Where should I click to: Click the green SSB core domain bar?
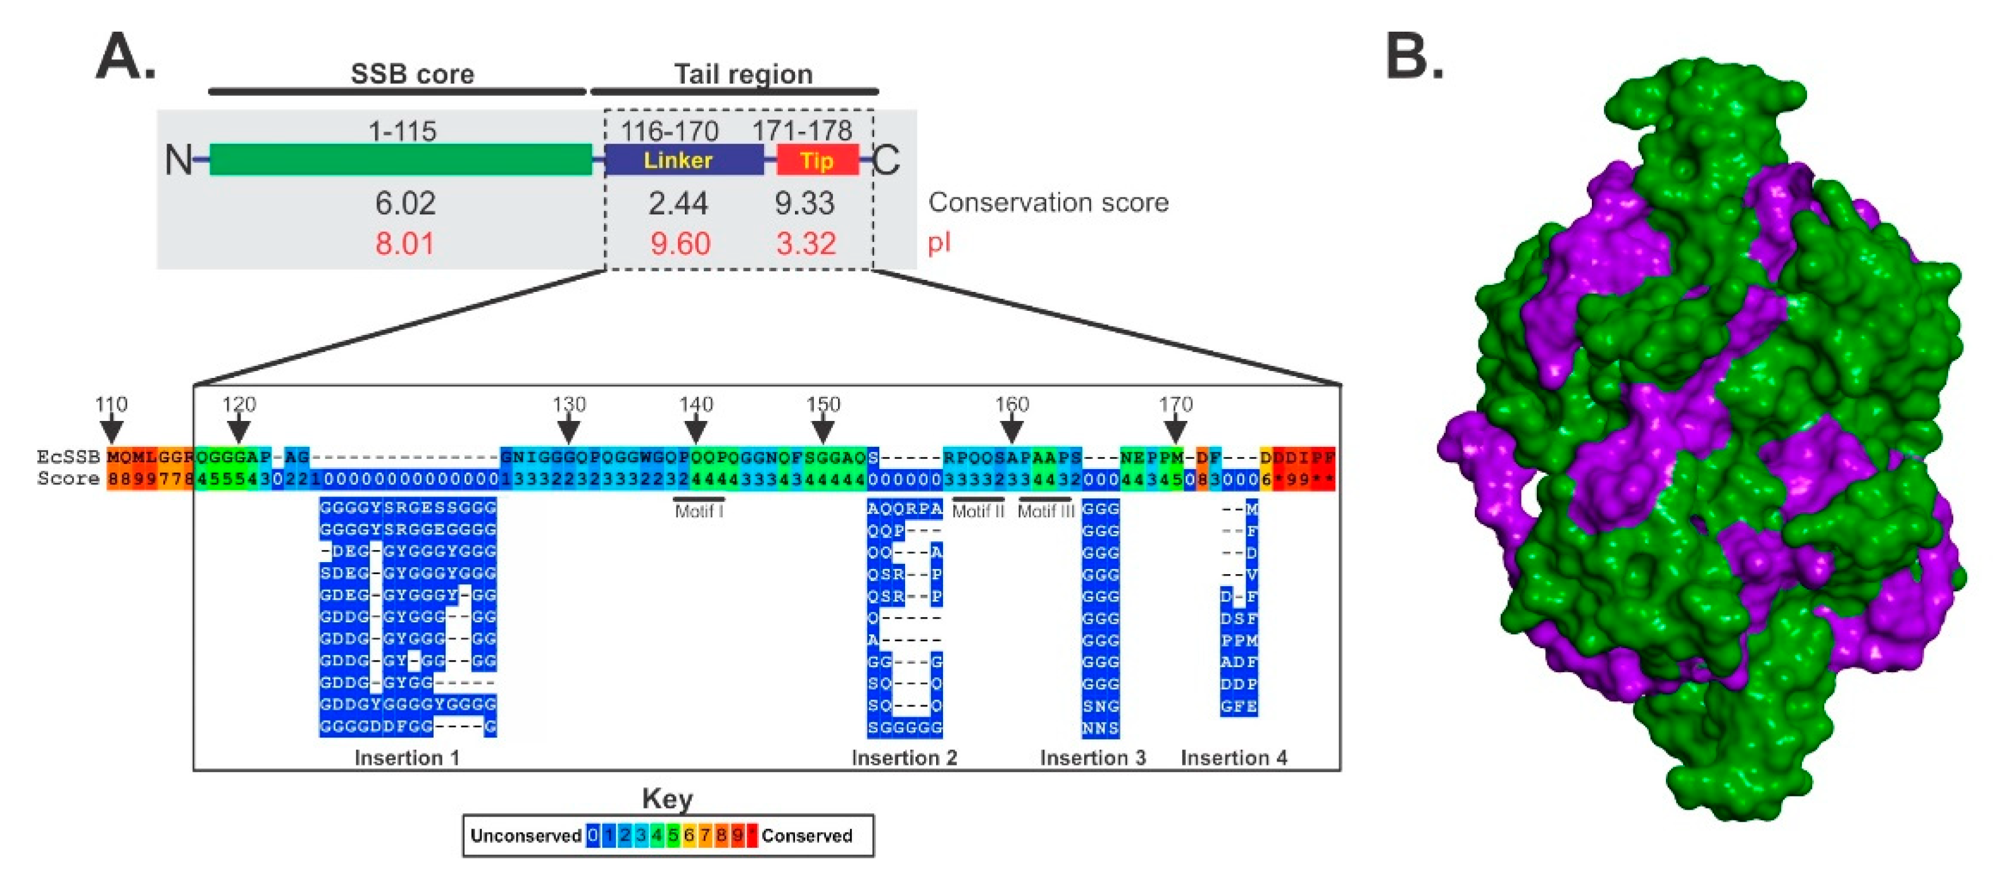(x=400, y=160)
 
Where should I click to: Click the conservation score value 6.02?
(x=405, y=204)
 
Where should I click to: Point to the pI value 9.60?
(x=680, y=244)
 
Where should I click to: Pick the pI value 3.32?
(x=806, y=244)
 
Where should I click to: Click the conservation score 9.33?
(x=804, y=204)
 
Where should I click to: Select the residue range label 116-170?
(x=669, y=130)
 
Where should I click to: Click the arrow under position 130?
(x=569, y=430)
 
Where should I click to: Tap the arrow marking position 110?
(x=112, y=430)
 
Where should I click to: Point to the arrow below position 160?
(x=1011, y=430)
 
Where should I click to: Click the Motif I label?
(x=699, y=512)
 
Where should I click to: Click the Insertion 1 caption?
(x=406, y=758)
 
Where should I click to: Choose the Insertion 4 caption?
(x=1234, y=758)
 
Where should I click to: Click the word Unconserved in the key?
(x=525, y=836)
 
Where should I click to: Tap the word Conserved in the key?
(x=807, y=836)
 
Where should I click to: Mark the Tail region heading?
(x=743, y=75)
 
